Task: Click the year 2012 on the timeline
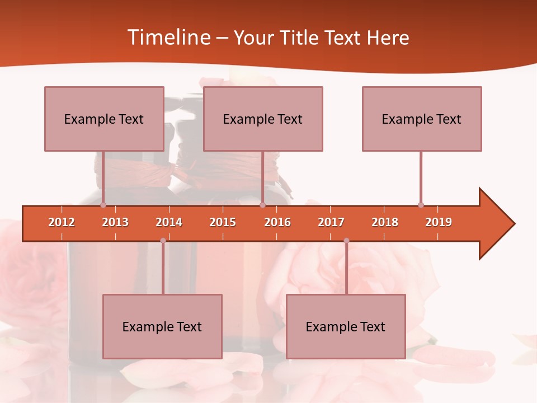(62, 222)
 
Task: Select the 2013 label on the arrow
(115, 222)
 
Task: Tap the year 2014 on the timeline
(169, 222)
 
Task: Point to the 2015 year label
(223, 222)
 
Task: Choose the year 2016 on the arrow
(277, 222)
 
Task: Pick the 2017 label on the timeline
(331, 222)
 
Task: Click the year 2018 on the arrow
(385, 222)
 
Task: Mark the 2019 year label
(439, 222)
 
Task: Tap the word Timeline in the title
(168, 38)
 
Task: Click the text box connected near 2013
(104, 119)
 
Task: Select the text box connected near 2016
(263, 119)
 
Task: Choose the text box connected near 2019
(422, 119)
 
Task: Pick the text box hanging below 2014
(162, 326)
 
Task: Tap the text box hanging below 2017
(346, 326)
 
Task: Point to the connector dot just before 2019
(421, 205)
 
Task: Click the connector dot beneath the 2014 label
(163, 241)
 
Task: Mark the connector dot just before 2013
(103, 205)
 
